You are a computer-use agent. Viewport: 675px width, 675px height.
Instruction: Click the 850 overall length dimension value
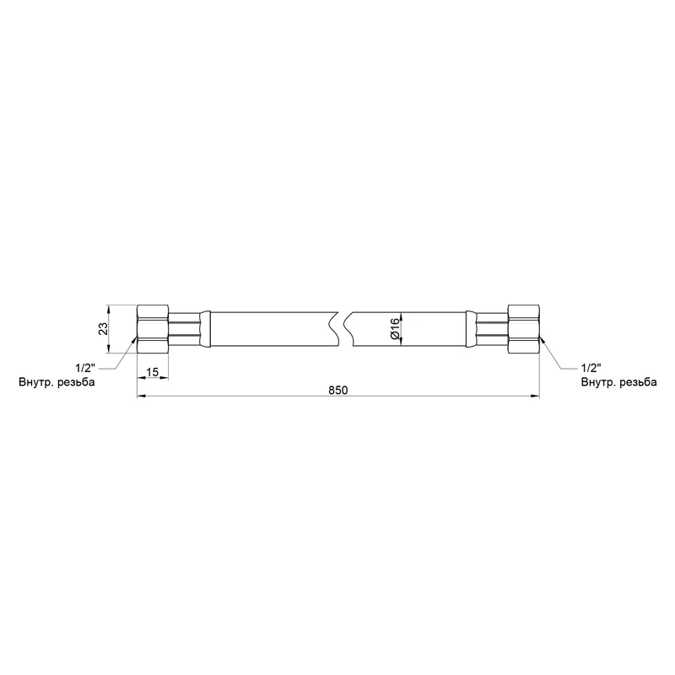[x=338, y=390]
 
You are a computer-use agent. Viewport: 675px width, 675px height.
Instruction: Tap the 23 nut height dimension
[x=103, y=329]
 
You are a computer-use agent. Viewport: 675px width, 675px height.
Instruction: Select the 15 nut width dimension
[x=153, y=372]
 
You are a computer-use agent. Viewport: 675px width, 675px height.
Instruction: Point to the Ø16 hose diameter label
[x=395, y=330]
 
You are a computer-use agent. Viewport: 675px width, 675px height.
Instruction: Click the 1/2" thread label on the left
[x=85, y=368]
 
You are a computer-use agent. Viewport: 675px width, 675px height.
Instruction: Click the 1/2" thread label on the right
[x=591, y=368]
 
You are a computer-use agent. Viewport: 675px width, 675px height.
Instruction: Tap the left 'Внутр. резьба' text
[x=57, y=382]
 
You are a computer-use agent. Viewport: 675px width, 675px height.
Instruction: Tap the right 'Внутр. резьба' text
[x=619, y=382]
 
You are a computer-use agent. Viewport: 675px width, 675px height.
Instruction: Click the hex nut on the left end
[x=153, y=329]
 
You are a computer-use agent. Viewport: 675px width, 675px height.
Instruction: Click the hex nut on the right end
[x=524, y=329]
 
